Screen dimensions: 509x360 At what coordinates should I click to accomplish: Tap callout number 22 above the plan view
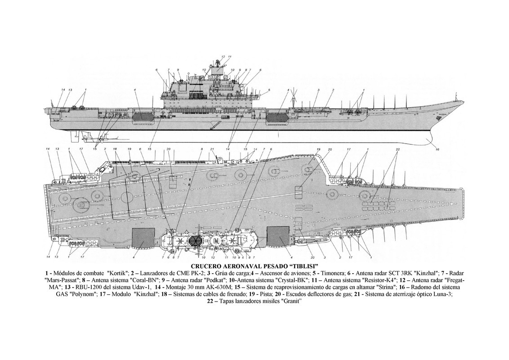(x=397, y=149)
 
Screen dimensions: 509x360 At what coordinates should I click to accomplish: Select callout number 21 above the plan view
(x=212, y=149)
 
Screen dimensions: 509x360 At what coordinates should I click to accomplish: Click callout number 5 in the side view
(x=269, y=90)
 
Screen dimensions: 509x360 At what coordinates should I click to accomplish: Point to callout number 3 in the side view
(x=317, y=90)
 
